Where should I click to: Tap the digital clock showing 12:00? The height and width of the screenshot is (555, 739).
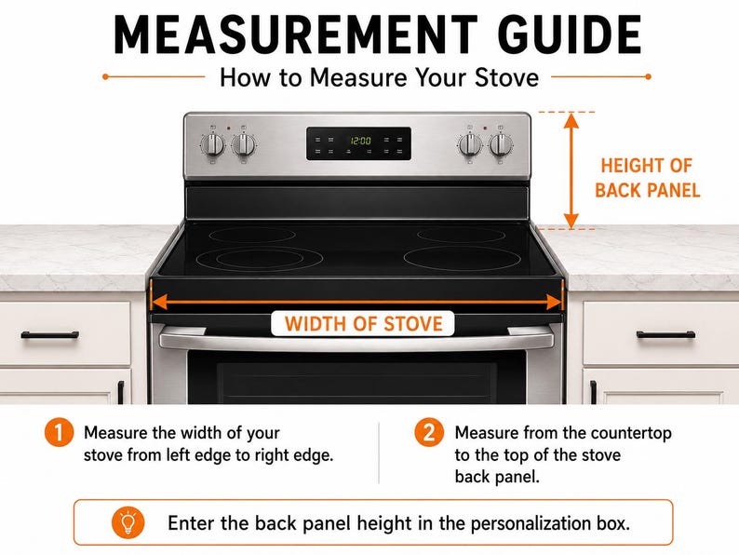point(360,141)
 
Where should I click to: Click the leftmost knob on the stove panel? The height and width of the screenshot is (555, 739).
point(213,144)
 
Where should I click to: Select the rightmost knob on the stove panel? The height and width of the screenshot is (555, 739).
point(501,144)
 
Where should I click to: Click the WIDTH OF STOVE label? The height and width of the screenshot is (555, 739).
point(363,324)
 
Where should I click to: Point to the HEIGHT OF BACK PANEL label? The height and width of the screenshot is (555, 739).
point(647,178)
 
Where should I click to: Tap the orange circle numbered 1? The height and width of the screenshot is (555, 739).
point(59,432)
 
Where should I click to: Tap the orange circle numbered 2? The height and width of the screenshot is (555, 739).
point(429,432)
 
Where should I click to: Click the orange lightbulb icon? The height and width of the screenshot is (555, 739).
point(128,522)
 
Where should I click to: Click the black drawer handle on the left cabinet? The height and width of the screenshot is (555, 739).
point(49,335)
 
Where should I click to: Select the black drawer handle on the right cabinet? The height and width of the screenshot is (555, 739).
point(665,335)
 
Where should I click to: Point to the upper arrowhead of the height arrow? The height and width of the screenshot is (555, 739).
point(571,121)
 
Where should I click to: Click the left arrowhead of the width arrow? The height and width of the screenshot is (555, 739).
point(159,302)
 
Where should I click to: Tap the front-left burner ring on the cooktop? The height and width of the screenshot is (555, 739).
point(260,259)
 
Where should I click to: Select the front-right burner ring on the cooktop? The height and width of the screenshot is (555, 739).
point(462,258)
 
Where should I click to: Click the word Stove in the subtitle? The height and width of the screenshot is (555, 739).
point(506,77)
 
